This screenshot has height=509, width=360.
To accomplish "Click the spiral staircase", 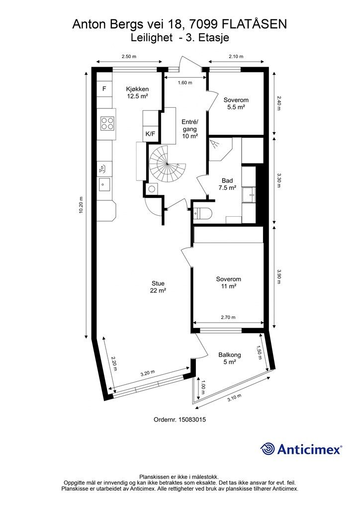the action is [x=168, y=164].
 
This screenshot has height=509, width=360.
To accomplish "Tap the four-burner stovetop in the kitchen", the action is [x=107, y=123].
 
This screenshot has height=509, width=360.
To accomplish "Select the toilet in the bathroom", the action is [x=203, y=213].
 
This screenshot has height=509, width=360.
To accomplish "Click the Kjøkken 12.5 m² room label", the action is [x=138, y=92].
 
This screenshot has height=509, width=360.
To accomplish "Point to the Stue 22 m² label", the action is [x=158, y=287].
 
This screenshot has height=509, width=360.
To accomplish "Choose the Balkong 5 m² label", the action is [x=230, y=358].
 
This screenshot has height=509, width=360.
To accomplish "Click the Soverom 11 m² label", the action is [x=229, y=282].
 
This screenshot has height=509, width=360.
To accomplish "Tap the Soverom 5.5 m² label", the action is [x=236, y=103].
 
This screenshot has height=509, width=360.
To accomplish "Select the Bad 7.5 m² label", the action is [x=227, y=184].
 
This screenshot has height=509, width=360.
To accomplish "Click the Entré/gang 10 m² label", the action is [x=189, y=129].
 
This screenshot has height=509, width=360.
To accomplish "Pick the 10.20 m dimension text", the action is [x=81, y=205].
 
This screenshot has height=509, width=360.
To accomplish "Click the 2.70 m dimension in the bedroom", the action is [x=228, y=317].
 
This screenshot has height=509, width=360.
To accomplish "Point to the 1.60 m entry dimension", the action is [x=185, y=83].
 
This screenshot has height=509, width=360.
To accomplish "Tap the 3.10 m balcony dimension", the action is [x=234, y=397].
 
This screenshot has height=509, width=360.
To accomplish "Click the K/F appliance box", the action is [x=150, y=133].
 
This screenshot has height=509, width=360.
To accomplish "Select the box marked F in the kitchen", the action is [x=104, y=88].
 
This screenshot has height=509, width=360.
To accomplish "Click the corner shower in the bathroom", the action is [x=220, y=149].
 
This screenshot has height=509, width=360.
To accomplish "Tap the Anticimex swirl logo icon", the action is [x=268, y=449].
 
